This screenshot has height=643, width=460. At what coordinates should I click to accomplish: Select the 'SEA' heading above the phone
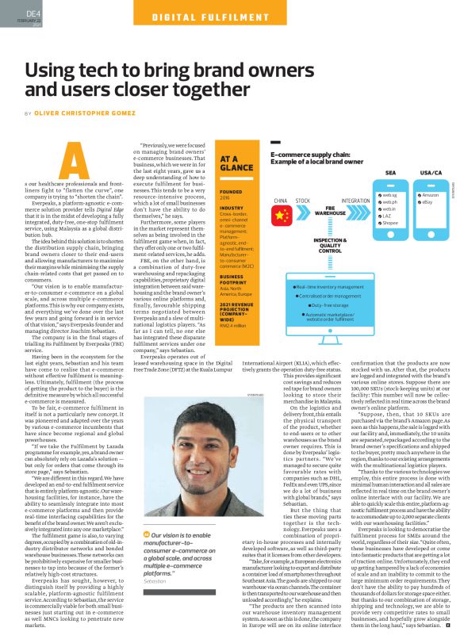point(390,171)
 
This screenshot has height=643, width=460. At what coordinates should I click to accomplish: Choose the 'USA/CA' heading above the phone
point(431,171)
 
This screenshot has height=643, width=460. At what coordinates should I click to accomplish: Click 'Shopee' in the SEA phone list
point(391,223)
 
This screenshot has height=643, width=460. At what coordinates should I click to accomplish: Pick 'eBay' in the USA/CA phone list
point(427,203)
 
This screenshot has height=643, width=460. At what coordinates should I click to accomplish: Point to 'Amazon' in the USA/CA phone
point(430,194)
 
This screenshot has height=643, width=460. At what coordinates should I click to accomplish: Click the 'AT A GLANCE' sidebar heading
point(236,163)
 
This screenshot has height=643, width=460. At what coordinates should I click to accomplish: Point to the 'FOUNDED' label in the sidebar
point(232,192)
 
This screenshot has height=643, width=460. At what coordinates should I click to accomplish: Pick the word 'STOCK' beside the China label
point(303,201)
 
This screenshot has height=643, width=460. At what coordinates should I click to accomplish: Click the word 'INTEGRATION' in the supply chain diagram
point(356,201)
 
